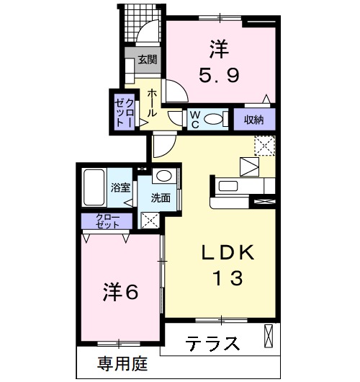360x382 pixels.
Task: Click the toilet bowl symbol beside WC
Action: [x=213, y=119]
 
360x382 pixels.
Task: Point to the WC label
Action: [x=194, y=120]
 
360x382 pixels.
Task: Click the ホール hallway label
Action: [x=153, y=103]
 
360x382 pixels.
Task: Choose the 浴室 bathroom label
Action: [x=120, y=188]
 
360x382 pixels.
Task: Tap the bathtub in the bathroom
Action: [x=94, y=187]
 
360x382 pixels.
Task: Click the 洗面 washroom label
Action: [x=161, y=197]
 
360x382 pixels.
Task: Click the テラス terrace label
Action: [x=214, y=344]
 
